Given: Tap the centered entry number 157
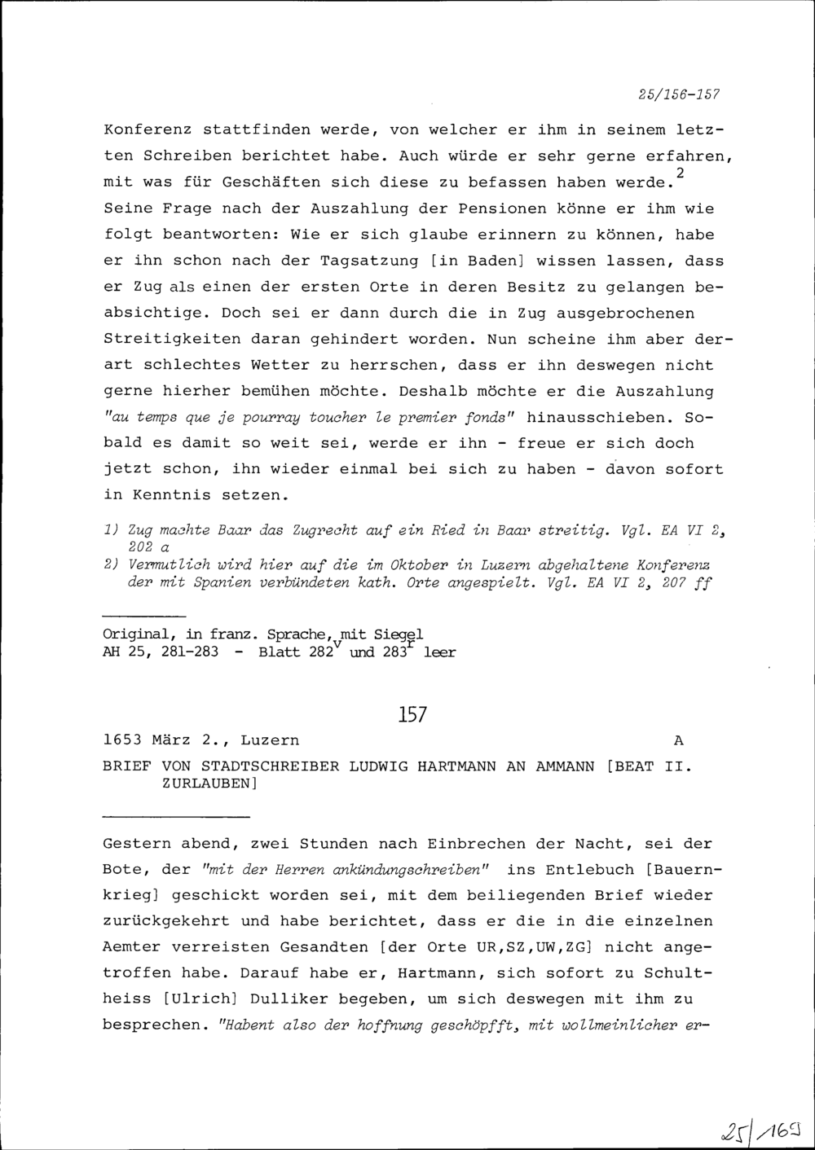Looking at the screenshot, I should click(412, 715).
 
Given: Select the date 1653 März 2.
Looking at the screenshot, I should click(162, 740).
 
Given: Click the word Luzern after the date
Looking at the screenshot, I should click(269, 740).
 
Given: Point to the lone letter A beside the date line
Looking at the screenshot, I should click(680, 740).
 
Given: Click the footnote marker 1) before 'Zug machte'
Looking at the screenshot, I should click(112, 531).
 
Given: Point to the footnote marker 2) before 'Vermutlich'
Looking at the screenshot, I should click(112, 564).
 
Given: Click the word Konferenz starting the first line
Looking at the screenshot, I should click(148, 129).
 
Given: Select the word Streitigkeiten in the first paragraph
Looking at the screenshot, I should click(172, 339).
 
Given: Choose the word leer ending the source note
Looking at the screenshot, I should click(440, 652).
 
